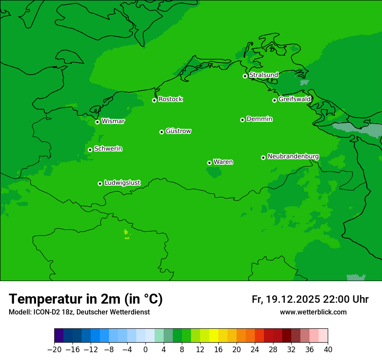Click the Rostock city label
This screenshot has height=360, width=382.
pos(170,99)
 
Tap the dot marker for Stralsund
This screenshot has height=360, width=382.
pos(245,76)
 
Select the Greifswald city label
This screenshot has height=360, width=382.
pos(294,99)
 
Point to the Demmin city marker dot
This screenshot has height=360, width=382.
pos(242,120)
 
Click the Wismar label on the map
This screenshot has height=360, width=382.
pos(113,121)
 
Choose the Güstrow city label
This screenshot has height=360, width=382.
pos(178,131)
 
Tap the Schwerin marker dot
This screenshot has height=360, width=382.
pos(90,150)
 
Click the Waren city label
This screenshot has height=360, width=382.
pos(223,162)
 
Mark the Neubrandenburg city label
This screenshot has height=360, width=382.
pos(293,157)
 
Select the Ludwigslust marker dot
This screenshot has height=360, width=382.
pos(100,183)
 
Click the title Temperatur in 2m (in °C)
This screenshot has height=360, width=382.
pos(86,299)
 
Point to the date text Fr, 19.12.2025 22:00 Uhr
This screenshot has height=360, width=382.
pos(310,299)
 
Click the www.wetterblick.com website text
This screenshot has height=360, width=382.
pos(313,312)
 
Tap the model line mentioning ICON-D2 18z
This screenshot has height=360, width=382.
pos(79,312)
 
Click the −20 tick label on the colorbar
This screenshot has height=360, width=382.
pos(54,350)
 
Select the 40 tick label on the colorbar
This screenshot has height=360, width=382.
pos(328,350)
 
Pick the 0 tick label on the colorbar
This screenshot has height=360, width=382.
pos(145,350)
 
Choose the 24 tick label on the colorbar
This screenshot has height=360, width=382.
pos(255,350)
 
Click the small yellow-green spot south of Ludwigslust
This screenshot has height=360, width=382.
pos(126,232)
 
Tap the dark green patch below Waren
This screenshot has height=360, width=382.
pos(214,172)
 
